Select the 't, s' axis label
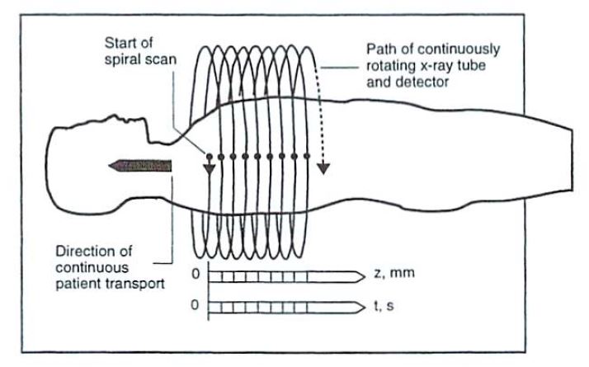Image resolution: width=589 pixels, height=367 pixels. point(383,308)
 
